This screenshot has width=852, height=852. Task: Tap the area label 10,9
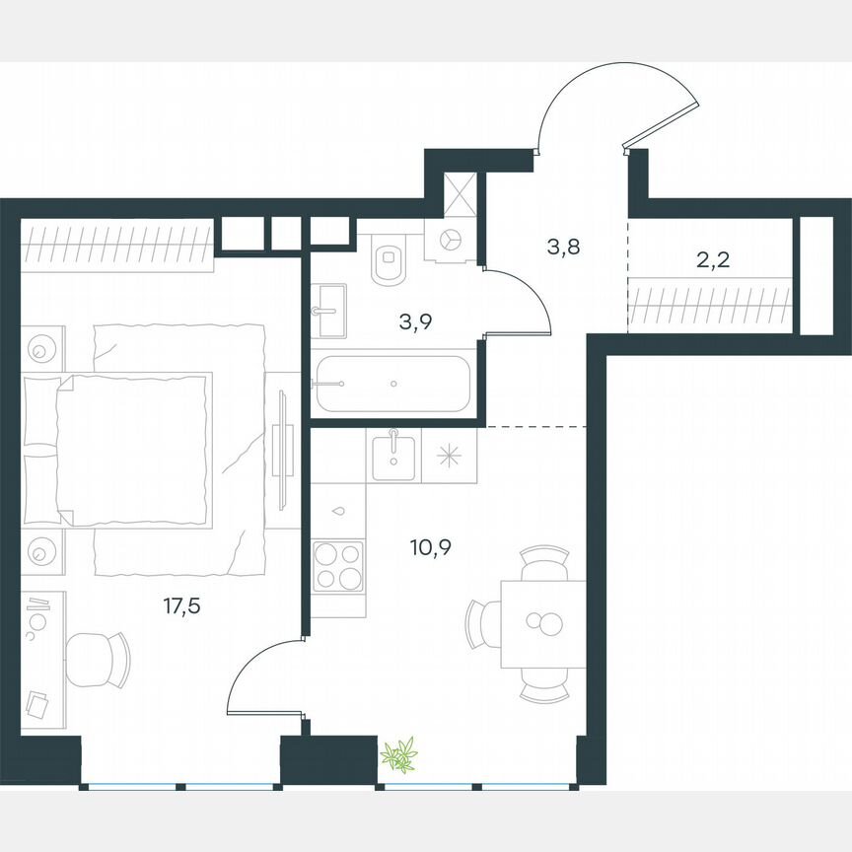[431, 546]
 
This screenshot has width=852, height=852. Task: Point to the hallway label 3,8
[563, 247]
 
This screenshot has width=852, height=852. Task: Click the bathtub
[392, 383]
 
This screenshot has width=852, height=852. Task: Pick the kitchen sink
[394, 455]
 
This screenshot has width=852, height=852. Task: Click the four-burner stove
[337, 565]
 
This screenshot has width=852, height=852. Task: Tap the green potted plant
[399, 756]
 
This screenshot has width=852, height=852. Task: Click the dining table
[542, 623]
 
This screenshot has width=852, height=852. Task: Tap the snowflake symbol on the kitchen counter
[450, 456]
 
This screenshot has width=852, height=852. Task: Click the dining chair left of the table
[484, 622]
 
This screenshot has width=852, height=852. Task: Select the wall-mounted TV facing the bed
[283, 449]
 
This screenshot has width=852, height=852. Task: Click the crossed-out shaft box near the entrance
[461, 193]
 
